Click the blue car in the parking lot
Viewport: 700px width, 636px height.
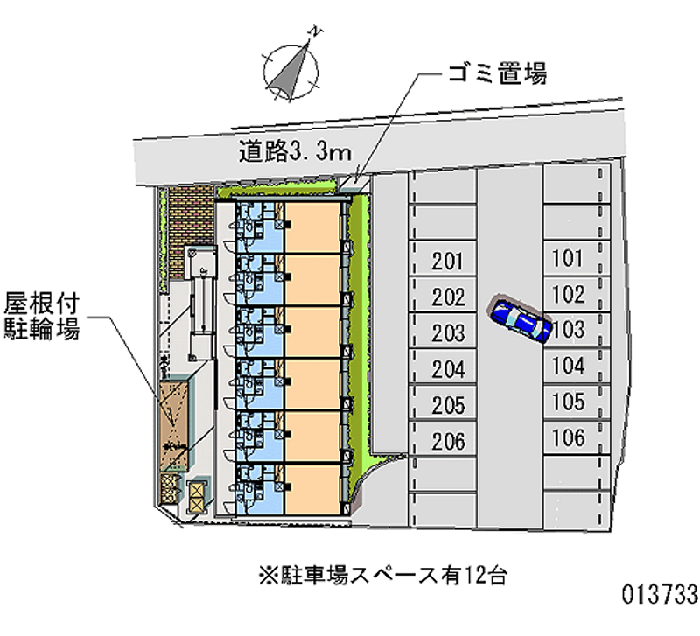pos(521,321)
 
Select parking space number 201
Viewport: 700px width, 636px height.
pos(447,260)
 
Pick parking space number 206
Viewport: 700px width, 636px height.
pos(447,441)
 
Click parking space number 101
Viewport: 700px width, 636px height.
pos(568,258)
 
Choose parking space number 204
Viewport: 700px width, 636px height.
pos(447,369)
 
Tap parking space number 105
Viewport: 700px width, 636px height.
pos(569,402)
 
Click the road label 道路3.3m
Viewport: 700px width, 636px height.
pos(295,152)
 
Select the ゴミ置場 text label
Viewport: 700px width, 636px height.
pos(493,73)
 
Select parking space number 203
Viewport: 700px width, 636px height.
pos(447,333)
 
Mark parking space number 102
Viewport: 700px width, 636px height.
pos(568,294)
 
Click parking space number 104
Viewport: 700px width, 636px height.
pos(569,366)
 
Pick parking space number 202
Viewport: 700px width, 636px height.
pos(447,297)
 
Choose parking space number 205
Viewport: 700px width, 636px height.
pos(447,405)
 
